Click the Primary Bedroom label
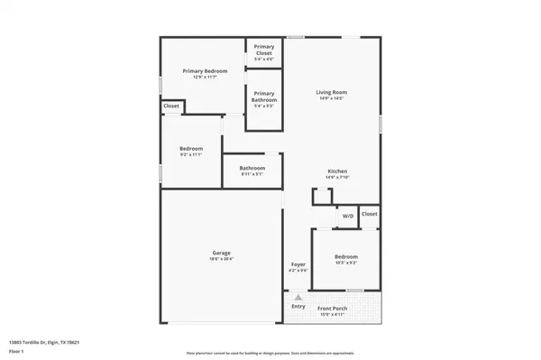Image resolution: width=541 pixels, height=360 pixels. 205,70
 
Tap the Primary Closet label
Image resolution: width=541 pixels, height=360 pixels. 263,50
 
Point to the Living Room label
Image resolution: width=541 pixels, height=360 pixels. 332,92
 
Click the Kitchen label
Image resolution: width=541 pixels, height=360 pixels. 337,171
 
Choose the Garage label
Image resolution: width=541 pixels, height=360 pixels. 222,253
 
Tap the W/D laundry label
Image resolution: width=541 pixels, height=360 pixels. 347,216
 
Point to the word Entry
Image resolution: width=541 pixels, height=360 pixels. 298,306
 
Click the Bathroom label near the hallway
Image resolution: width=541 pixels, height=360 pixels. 252,168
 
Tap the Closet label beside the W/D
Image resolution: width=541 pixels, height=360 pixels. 369,214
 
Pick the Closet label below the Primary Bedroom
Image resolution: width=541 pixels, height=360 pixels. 171,106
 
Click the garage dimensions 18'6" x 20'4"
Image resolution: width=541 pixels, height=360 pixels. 222,259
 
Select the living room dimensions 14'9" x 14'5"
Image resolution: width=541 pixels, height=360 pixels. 332,98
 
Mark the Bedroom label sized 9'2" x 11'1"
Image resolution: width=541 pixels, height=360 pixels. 191,148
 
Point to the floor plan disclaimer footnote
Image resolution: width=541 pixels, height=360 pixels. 270,353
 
